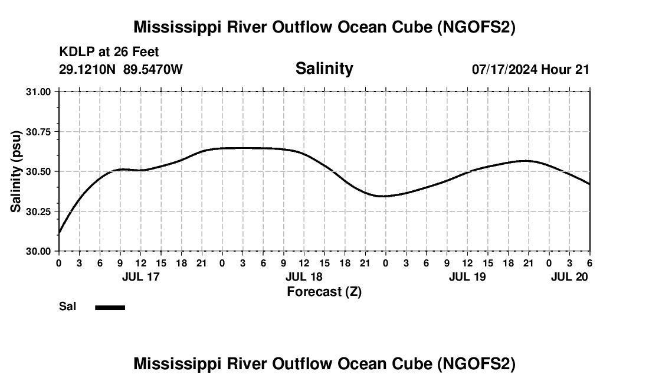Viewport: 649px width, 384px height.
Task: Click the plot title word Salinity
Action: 324,69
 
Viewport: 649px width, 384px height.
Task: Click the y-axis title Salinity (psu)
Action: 16,171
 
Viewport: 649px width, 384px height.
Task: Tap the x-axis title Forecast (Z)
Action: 324,291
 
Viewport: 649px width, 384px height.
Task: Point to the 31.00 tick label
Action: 38,92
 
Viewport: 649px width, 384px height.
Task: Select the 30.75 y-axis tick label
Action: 38,132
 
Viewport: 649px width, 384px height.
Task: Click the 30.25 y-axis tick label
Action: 38,211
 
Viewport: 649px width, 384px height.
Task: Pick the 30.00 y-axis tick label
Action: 38,251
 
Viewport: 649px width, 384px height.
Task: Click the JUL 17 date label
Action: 140,276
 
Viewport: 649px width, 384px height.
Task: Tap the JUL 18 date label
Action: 304,276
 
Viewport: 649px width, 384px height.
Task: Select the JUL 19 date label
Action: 467,276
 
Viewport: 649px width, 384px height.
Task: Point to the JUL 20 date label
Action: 569,276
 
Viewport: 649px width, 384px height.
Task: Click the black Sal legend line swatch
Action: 110,307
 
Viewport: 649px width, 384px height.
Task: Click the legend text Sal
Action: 67,307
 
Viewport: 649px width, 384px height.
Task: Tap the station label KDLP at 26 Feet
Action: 109,53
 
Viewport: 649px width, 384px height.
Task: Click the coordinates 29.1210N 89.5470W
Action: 121,69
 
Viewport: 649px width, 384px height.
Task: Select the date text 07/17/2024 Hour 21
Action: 530,69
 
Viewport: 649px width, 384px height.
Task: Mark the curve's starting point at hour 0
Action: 59,234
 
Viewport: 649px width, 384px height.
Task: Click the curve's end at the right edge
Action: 589,184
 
